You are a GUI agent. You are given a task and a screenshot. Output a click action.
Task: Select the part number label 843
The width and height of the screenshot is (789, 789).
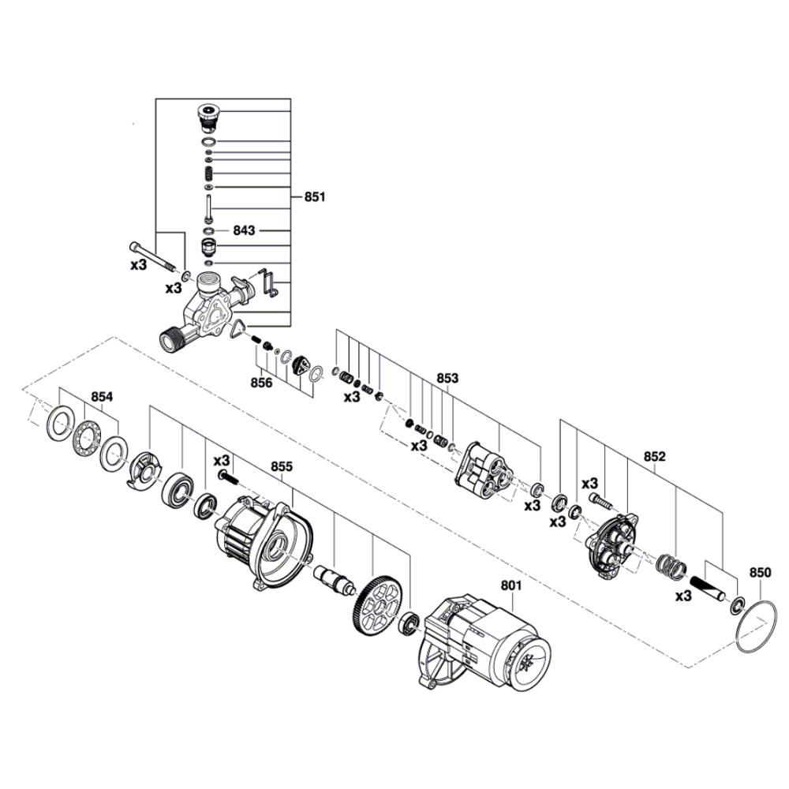click(245, 230)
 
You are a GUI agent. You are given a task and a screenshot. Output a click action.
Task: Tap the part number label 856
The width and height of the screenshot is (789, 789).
click(261, 383)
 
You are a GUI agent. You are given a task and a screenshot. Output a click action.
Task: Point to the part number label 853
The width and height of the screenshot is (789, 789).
click(447, 378)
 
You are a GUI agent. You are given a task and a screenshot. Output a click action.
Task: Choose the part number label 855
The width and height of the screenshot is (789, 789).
click(282, 466)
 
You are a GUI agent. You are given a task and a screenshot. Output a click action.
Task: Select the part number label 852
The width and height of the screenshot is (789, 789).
click(654, 456)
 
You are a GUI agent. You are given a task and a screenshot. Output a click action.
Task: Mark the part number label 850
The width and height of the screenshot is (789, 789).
click(760, 572)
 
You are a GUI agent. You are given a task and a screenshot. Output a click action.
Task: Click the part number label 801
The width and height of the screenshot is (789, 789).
click(511, 585)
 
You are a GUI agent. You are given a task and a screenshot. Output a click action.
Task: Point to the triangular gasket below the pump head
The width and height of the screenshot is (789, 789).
click(236, 331)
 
